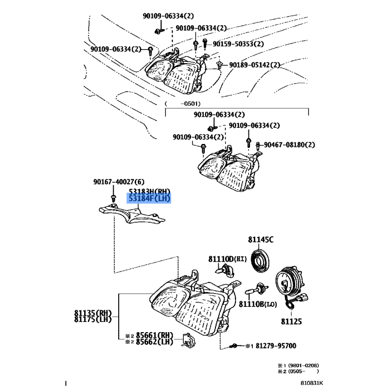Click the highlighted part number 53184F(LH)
(x=149, y=198)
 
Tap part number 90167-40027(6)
(x=112, y=182)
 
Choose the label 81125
(x=291, y=321)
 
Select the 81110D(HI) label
(x=225, y=258)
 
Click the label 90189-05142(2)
(x=255, y=65)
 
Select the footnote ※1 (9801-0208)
(x=298, y=365)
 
